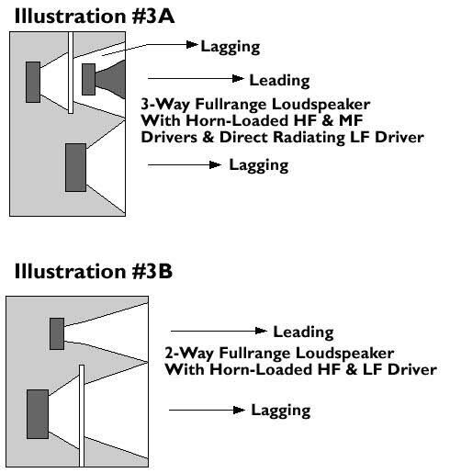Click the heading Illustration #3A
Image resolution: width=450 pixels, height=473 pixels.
[x=95, y=17]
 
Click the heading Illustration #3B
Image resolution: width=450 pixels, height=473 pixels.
[x=94, y=271]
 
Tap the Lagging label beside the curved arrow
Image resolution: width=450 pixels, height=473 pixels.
[x=231, y=47]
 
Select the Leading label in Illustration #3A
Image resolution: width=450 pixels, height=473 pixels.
[x=279, y=81]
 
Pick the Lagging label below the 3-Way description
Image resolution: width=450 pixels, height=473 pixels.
[x=259, y=165]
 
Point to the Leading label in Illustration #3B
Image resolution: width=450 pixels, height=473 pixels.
[x=303, y=332]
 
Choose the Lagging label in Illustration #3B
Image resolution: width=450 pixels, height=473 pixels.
[x=281, y=411]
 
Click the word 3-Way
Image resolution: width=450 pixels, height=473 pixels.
[x=165, y=105]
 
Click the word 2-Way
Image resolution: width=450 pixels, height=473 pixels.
[x=189, y=353]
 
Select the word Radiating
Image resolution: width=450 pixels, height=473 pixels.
[x=309, y=138]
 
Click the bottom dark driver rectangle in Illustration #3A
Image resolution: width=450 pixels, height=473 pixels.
[x=75, y=167]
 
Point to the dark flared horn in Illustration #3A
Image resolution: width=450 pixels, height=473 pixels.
[x=110, y=79]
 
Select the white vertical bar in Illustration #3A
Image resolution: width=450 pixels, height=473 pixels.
[x=71, y=73]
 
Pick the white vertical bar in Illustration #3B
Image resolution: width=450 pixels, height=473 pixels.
[x=82, y=415]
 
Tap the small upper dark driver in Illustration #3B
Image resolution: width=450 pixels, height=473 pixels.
[x=57, y=333]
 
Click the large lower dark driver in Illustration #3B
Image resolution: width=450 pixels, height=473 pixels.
[x=38, y=414]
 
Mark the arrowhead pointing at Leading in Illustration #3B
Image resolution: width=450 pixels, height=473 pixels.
[x=261, y=331]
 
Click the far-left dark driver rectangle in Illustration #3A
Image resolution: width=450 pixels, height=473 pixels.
[x=33, y=82]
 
